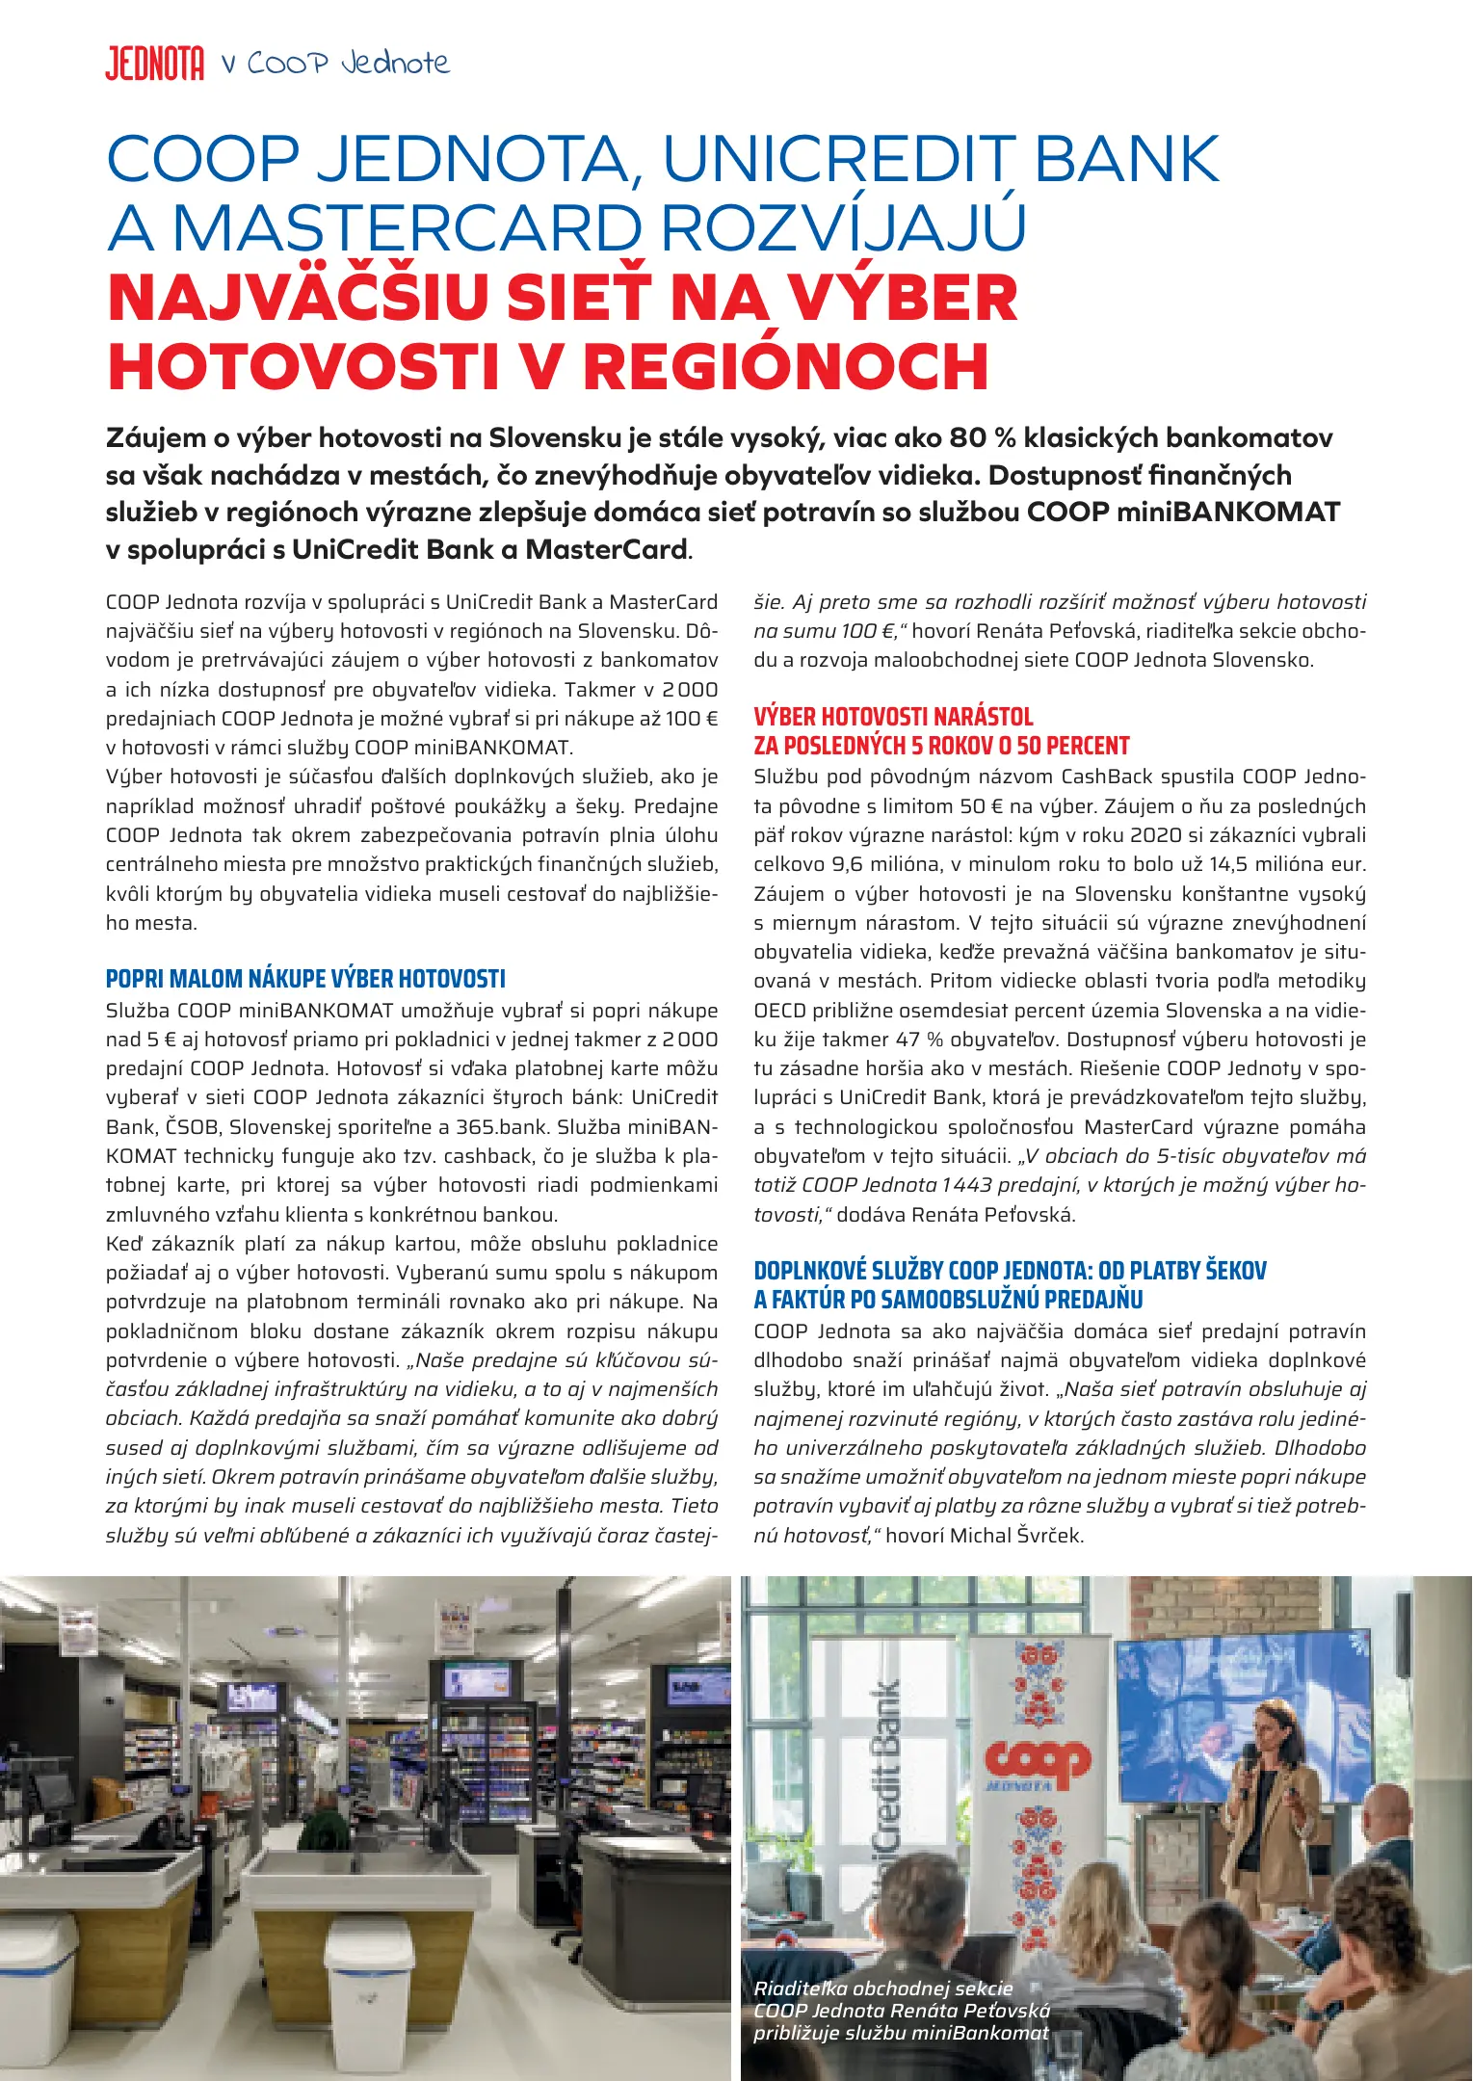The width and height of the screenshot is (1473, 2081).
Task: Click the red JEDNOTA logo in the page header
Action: (x=154, y=65)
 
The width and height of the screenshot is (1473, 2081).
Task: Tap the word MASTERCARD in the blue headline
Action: (x=407, y=229)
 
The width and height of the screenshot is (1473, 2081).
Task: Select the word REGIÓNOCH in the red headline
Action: (x=786, y=367)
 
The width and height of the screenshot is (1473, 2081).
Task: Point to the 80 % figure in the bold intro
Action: (x=983, y=438)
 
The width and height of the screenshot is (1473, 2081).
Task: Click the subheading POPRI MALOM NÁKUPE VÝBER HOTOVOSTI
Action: (x=305, y=979)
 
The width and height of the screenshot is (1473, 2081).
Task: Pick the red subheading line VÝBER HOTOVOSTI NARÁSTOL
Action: (x=893, y=717)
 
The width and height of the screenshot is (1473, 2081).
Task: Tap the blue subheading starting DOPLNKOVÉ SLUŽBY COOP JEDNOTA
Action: (x=1010, y=1271)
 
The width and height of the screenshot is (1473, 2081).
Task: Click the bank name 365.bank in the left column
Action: (x=501, y=1127)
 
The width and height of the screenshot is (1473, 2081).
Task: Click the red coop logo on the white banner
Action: (x=1037, y=1761)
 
